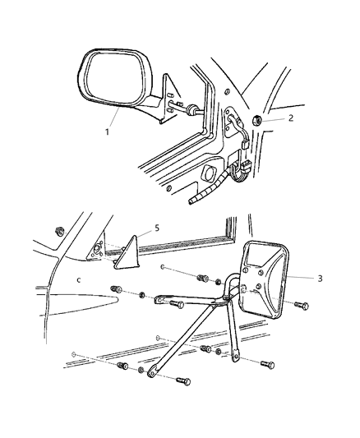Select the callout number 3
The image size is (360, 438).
tap(319, 278)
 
